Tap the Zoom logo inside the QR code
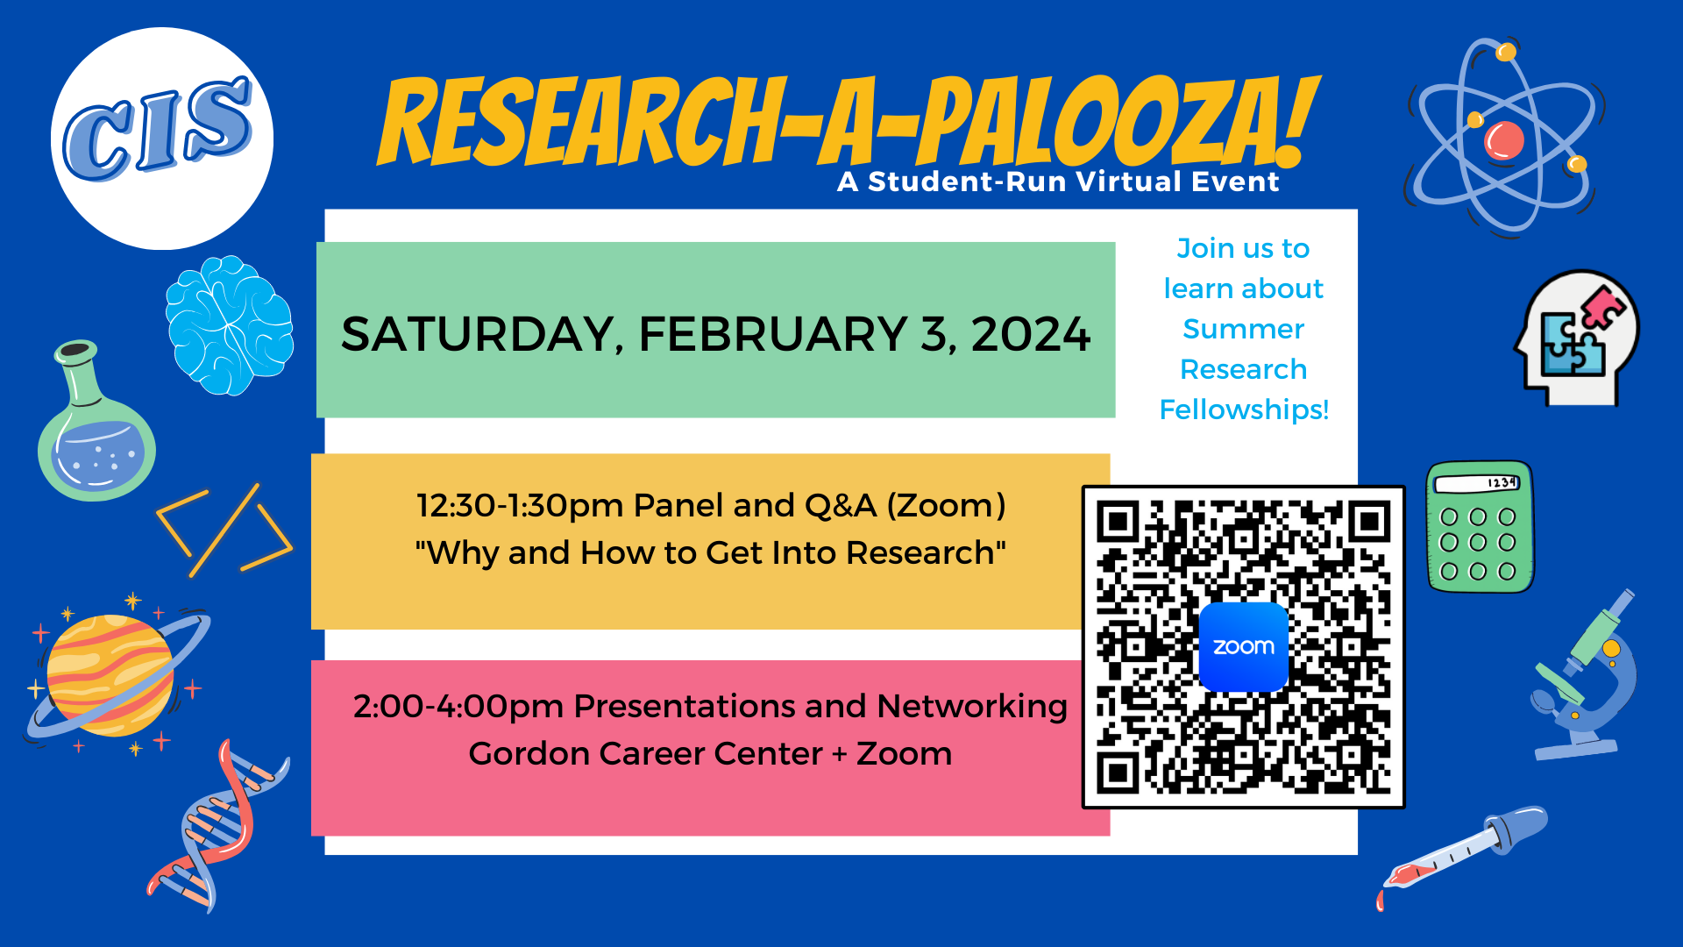point(1243,647)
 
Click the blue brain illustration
point(230,324)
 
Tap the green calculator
point(1480,526)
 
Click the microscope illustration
point(1583,675)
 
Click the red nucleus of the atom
point(1504,140)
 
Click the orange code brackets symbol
point(224,530)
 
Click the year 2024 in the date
point(1031,334)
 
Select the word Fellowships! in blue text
point(1244,409)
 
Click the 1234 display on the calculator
point(1502,482)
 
